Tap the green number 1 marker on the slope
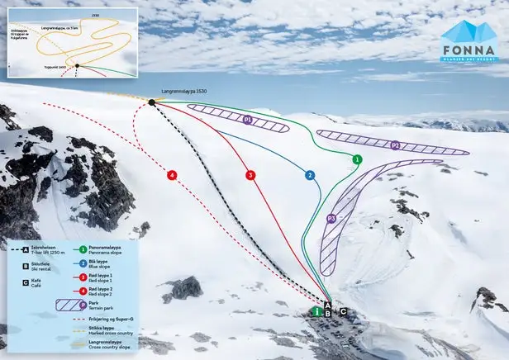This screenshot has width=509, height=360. pos(357,159)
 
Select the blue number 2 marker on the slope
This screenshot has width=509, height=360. pos(310,175)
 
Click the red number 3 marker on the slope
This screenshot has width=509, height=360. pos(250,175)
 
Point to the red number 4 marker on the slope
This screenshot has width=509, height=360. pos(172,175)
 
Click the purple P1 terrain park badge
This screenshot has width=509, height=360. pos(247,120)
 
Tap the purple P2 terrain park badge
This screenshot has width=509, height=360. pos(396,145)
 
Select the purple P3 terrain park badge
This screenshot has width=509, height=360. pos(331,219)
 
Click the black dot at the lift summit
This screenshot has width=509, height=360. pos(152,102)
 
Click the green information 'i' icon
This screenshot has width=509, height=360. pos(316,312)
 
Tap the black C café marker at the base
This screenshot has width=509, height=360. pos(343,312)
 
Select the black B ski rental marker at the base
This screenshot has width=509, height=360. pos(329,313)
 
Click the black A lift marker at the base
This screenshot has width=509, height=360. pos(329,305)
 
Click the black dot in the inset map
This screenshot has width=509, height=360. pos(77,66)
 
